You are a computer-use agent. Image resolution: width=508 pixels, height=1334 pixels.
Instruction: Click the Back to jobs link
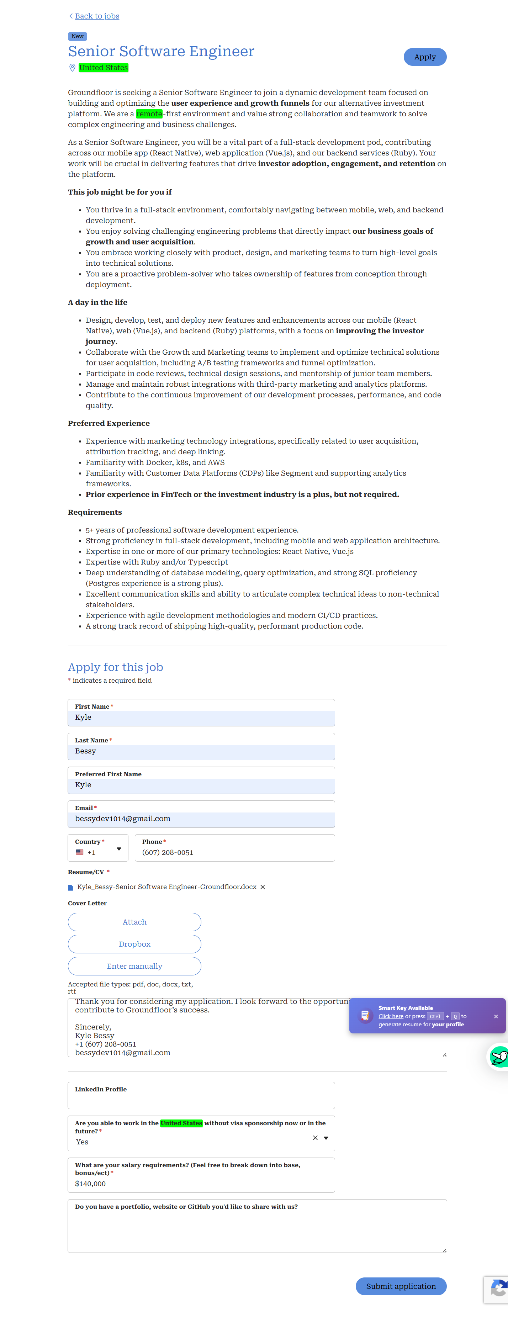pyautogui.click(x=97, y=16)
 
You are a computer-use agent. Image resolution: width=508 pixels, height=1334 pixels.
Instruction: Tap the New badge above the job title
pyautogui.click(x=77, y=36)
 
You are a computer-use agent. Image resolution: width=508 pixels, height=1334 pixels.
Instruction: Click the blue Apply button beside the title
pyautogui.click(x=425, y=57)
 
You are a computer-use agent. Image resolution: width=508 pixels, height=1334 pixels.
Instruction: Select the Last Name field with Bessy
pyautogui.click(x=201, y=751)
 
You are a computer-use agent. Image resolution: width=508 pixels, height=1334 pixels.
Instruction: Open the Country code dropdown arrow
pyautogui.click(x=118, y=849)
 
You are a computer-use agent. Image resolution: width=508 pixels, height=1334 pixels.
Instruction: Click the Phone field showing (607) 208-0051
pyautogui.click(x=234, y=852)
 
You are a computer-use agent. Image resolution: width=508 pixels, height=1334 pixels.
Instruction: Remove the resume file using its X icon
pyautogui.click(x=263, y=887)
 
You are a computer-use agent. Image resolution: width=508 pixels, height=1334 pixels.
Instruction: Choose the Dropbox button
pyautogui.click(x=134, y=944)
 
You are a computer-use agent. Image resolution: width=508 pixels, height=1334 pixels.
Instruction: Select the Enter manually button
pyautogui.click(x=134, y=966)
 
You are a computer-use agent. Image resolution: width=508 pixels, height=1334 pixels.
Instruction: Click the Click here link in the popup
pyautogui.click(x=391, y=1016)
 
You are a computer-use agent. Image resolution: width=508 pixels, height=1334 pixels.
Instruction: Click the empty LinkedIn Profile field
pyautogui.click(x=201, y=1100)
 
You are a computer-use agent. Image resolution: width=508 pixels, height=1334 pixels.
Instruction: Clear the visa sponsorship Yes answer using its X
pyautogui.click(x=315, y=1138)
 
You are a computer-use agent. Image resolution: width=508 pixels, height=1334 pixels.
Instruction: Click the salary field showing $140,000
pyautogui.click(x=201, y=1184)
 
